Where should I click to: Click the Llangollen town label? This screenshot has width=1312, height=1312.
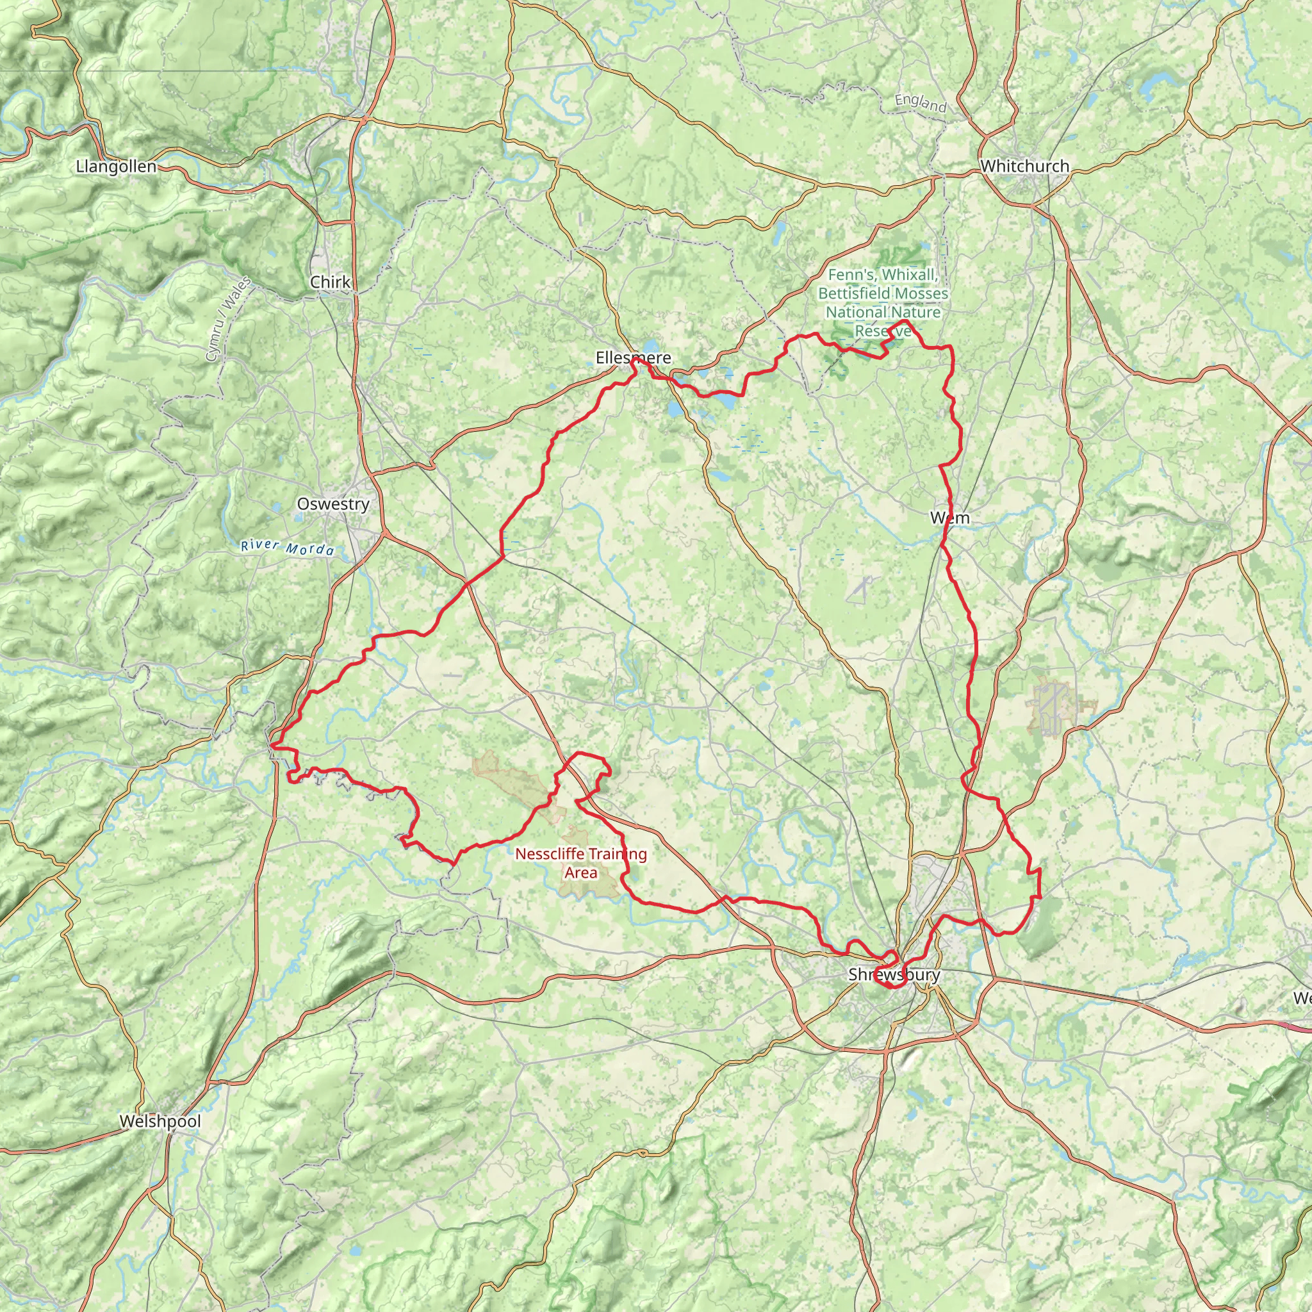(x=116, y=167)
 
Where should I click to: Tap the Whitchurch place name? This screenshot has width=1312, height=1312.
(x=1024, y=167)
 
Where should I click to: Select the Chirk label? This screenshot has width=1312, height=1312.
(x=330, y=282)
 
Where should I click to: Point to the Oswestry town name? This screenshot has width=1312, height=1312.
(x=332, y=504)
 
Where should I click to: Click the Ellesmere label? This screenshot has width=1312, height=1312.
(x=633, y=358)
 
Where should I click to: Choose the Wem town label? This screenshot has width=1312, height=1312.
(x=949, y=518)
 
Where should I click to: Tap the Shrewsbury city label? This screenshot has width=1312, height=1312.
(x=894, y=975)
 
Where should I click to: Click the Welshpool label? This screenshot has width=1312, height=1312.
(x=160, y=1121)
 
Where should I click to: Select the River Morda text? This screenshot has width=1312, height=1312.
(x=288, y=548)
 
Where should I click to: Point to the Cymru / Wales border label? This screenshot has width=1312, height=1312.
(x=228, y=319)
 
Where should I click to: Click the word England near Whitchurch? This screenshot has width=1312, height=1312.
(x=920, y=103)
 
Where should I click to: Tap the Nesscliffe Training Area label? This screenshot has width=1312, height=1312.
(x=580, y=863)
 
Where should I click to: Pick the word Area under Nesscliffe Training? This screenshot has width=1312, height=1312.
(x=580, y=873)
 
